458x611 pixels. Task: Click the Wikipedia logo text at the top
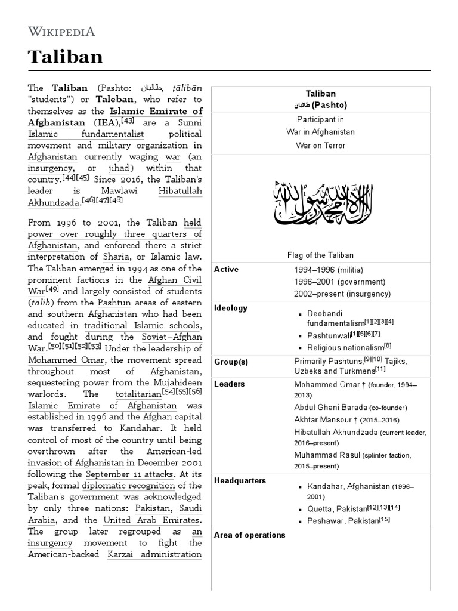pos(61,32)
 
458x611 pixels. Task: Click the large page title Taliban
pos(66,57)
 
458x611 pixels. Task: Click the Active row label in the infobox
pos(226,270)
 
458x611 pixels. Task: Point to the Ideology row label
pos(230,308)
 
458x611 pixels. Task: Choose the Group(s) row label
pos(231,362)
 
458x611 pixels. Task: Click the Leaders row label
pos(229,384)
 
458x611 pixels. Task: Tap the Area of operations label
pos(249,535)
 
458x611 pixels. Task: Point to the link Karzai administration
pos(154,554)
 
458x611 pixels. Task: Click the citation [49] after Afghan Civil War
pos(52,291)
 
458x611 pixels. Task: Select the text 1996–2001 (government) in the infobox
pos(339,282)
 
